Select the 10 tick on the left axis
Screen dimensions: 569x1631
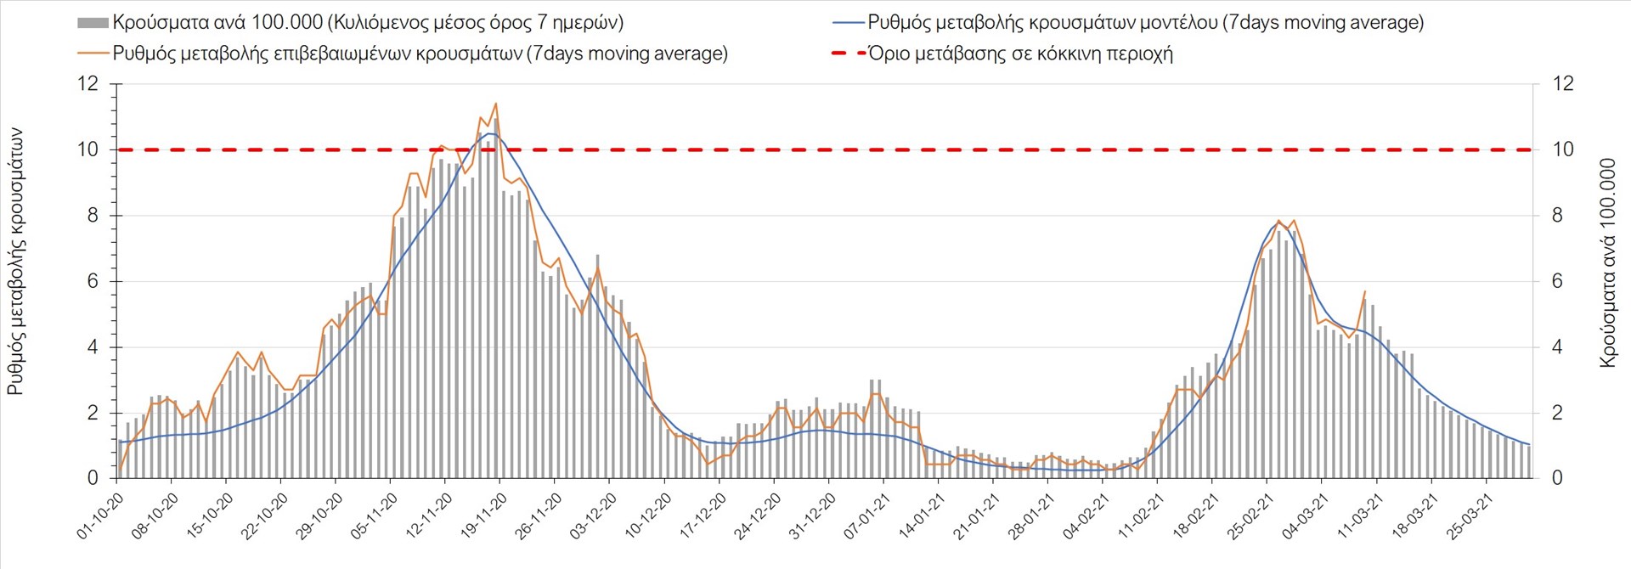[x=87, y=149]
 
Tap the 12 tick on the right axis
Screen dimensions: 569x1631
[x=1562, y=83]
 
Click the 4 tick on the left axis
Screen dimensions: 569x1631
[x=93, y=347]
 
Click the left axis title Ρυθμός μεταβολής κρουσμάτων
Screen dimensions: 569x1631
[x=16, y=262]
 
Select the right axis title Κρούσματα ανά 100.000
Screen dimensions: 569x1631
[x=1607, y=262]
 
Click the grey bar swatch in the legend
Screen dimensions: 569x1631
[x=93, y=23]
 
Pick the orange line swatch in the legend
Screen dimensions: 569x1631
[x=93, y=54]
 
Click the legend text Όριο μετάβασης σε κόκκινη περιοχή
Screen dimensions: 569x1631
[x=1020, y=54]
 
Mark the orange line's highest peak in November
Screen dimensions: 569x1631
[x=495, y=104]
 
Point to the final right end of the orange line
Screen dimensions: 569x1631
[x=1365, y=291]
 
